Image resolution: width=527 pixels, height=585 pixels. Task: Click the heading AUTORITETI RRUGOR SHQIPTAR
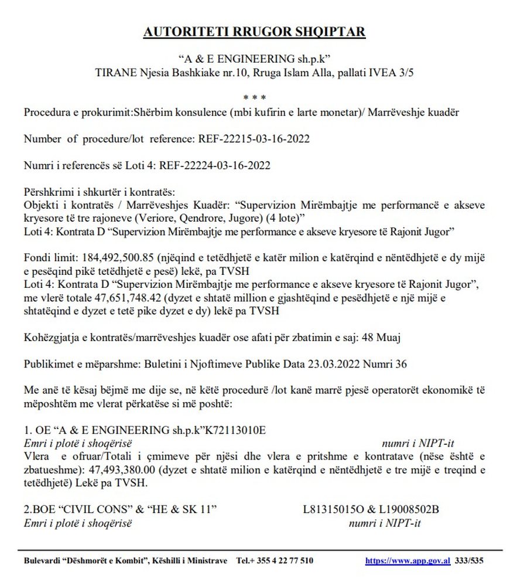click(254, 32)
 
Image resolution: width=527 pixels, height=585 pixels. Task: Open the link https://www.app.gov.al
click(408, 560)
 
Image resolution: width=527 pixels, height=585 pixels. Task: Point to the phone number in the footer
click(275, 560)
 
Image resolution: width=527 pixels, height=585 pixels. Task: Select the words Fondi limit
click(45, 258)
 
